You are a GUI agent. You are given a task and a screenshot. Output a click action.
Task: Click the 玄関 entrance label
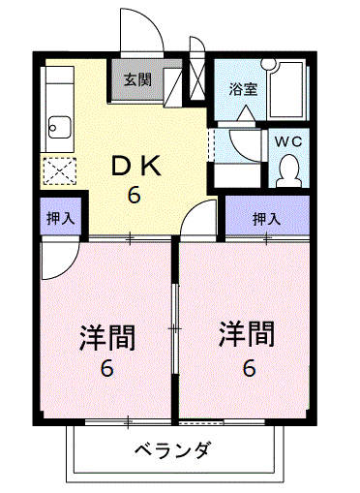137,79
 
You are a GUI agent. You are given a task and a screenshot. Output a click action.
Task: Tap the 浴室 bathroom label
244,89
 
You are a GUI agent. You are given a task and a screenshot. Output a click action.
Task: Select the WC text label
288,141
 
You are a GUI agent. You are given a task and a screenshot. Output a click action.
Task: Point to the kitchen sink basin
59,127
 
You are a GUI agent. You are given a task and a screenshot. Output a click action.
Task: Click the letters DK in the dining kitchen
135,166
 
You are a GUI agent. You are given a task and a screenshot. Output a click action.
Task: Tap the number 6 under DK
135,195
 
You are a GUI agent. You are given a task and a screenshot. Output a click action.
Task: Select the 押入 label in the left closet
61,218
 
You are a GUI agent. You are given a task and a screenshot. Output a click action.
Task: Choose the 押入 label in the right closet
267,219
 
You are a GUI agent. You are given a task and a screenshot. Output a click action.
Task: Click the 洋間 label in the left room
107,338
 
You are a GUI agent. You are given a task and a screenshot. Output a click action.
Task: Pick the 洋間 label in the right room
247,333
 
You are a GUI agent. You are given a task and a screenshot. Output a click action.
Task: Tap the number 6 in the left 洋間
106,368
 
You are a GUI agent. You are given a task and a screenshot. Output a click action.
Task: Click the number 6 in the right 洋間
250,368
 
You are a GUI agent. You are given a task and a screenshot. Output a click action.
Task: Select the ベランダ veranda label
173,449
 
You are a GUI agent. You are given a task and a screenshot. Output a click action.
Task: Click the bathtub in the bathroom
286,90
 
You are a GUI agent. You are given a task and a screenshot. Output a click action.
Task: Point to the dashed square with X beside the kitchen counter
60,171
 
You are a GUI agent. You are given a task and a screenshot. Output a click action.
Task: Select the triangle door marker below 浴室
247,112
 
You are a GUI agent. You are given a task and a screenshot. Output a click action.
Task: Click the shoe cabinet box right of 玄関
173,87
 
